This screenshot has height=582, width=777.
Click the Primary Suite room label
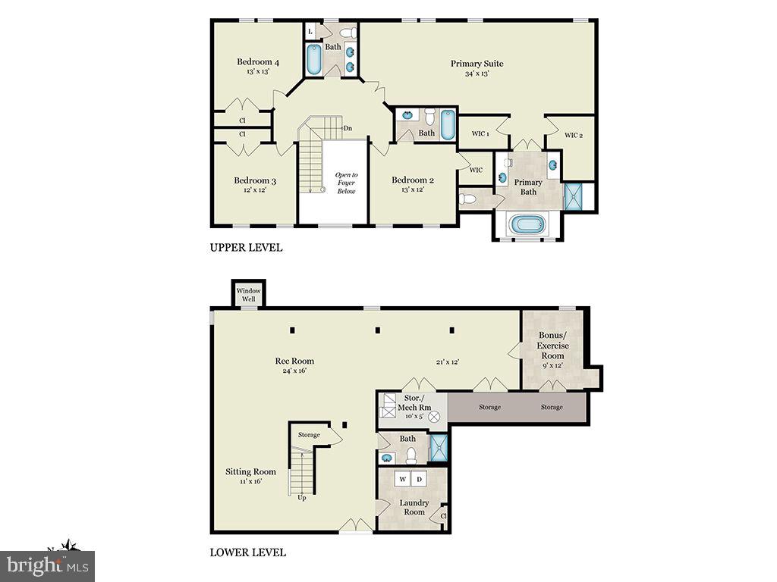[477, 64]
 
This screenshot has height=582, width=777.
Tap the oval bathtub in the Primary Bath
[527, 224]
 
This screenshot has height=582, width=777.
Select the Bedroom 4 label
[258, 62]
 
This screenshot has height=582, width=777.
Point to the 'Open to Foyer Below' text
[346, 183]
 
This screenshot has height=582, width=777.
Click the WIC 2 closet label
[574, 135]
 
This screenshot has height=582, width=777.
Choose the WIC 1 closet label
[480, 134]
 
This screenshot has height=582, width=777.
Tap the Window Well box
[248, 294]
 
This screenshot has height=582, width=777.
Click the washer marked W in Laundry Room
[403, 479]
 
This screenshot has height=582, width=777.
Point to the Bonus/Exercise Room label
[552, 346]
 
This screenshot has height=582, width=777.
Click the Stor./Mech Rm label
[414, 402]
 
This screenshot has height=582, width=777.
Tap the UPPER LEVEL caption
[246, 248]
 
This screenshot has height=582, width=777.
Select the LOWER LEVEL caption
[247, 552]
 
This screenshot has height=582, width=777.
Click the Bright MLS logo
[47, 565]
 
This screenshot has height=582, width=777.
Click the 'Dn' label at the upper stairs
[348, 128]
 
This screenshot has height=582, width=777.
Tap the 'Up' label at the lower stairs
[302, 498]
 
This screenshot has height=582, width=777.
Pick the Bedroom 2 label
[413, 180]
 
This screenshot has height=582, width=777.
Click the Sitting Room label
[250, 471]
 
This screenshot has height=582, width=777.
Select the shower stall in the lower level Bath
[439, 448]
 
